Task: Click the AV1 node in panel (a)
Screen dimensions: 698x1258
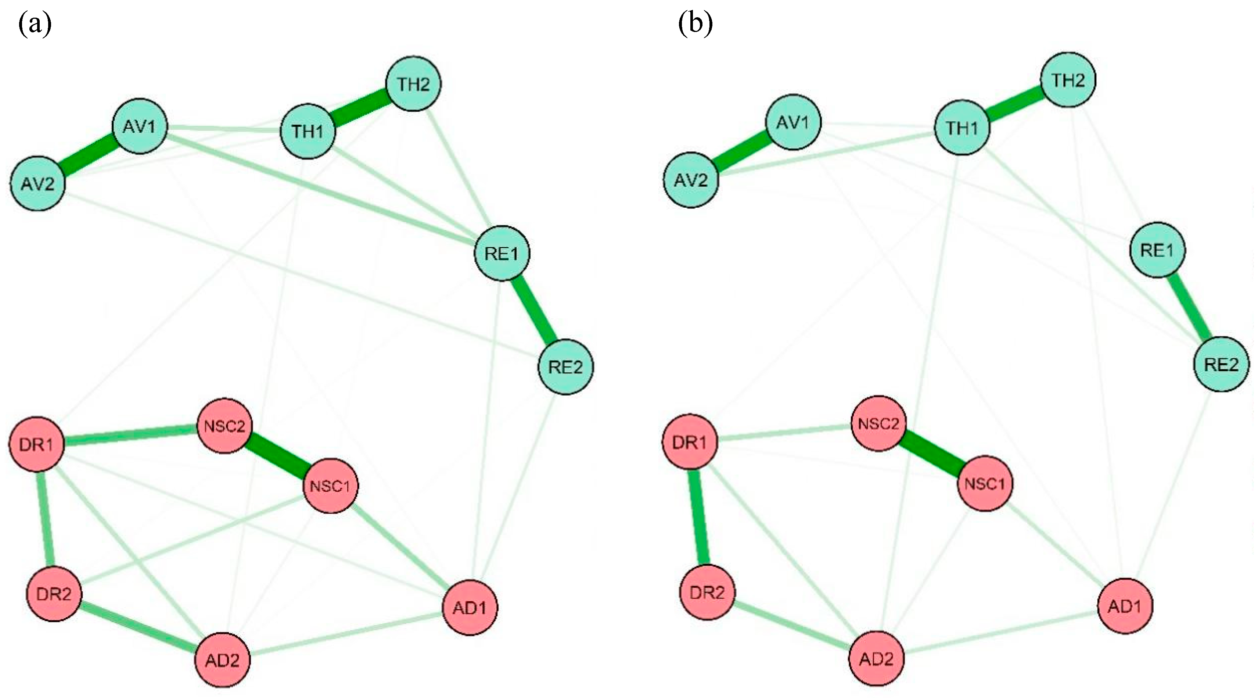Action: (x=140, y=126)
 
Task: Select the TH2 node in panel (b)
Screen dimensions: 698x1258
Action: (x=1068, y=80)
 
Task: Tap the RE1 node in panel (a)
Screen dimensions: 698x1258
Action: (x=502, y=253)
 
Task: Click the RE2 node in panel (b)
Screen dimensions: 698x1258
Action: (x=1221, y=364)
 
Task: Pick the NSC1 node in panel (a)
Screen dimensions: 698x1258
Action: (x=331, y=486)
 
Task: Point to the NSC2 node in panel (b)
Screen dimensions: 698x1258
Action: (x=878, y=423)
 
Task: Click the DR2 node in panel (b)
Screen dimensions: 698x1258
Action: (x=707, y=593)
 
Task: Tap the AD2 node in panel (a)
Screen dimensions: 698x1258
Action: (x=223, y=660)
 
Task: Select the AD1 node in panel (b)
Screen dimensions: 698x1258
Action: (x=1125, y=606)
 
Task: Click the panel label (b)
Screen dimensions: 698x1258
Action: (x=696, y=24)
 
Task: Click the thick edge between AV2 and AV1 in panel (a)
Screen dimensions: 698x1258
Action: (x=89, y=155)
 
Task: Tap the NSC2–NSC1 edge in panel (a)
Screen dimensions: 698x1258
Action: (x=277, y=456)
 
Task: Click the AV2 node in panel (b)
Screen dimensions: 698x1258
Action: (x=690, y=180)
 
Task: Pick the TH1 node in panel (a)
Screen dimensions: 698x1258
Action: (x=308, y=131)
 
